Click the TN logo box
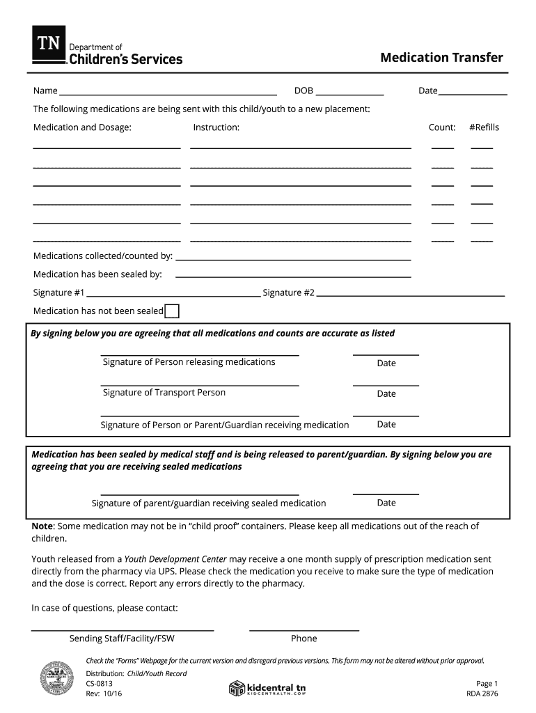[x=49, y=45]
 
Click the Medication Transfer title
[x=441, y=58]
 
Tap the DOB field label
[x=304, y=91]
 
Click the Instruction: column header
[x=216, y=127]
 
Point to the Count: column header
[x=442, y=127]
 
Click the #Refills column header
[x=484, y=127]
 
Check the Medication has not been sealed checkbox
[x=172, y=311]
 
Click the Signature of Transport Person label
[x=164, y=393]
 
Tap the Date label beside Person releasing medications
[x=386, y=363]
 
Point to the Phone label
[x=304, y=638]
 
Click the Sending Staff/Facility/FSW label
[x=122, y=638]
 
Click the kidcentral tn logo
[x=267, y=688]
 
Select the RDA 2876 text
[x=482, y=694]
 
